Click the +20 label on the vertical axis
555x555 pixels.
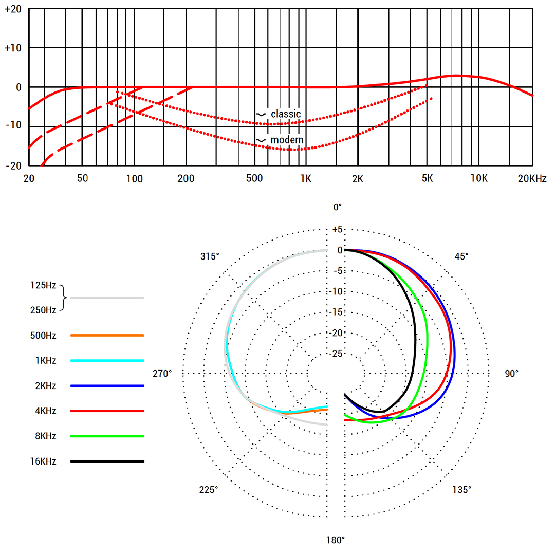pos(13,9)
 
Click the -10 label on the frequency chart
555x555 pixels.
pos(13,126)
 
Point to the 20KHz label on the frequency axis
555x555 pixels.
pos(532,179)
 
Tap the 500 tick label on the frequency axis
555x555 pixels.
pos(254,179)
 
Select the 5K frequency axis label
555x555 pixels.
pos(427,179)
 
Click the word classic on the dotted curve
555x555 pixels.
pos(286,114)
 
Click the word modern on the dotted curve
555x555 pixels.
pos(287,140)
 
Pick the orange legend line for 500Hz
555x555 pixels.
pos(107,336)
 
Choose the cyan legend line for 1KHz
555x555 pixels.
pos(107,361)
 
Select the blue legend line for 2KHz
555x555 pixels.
pos(107,386)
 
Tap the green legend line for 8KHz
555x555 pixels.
pos(107,436)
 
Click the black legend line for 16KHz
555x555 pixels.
pos(107,461)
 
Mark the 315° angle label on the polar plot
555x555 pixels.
pos(210,256)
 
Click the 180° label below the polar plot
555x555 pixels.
pos(336,540)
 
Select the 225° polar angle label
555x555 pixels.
pos(209,490)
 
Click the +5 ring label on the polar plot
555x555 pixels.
pos(336,229)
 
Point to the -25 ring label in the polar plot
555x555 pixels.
pos(336,354)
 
